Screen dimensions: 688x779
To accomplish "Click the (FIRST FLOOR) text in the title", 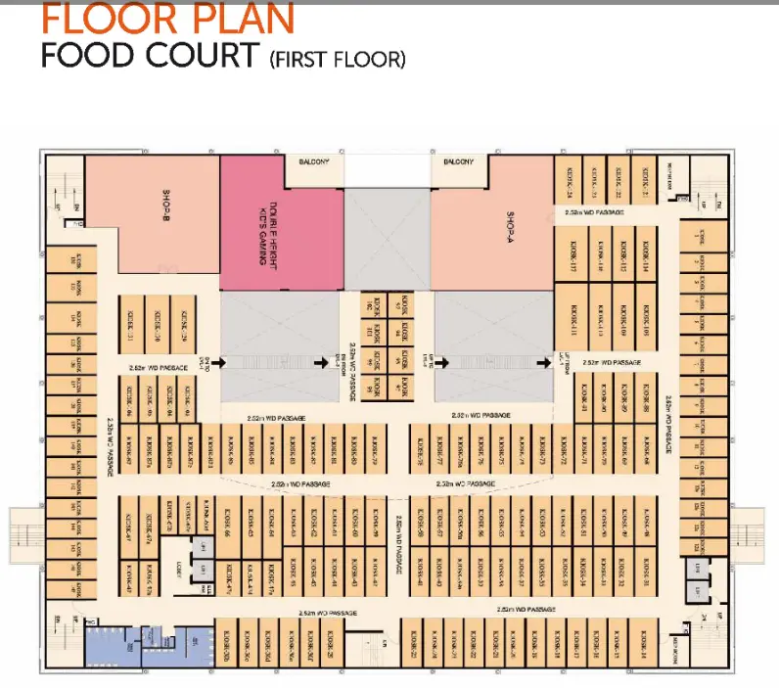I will click(x=336, y=60).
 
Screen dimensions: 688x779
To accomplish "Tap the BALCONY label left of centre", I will click(x=313, y=161).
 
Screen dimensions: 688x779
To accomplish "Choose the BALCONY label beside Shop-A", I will click(x=458, y=161).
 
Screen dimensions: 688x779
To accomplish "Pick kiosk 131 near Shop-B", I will click(x=132, y=318).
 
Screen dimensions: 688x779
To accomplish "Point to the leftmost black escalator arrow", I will click(x=223, y=362).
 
